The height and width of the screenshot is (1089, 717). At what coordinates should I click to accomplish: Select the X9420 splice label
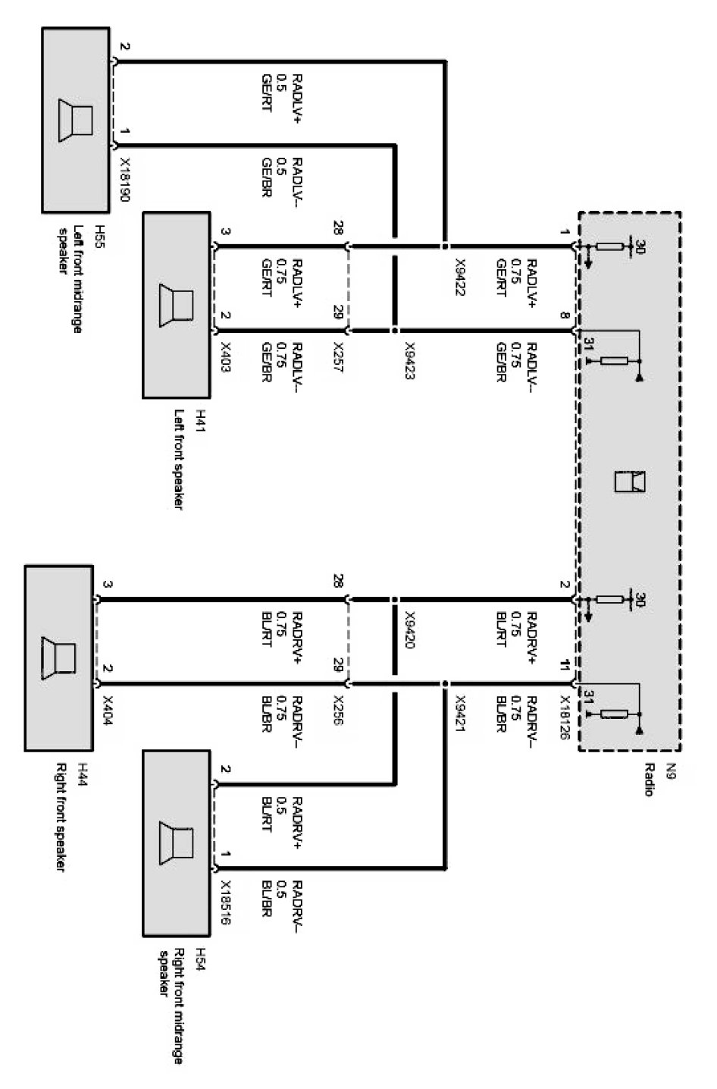[x=409, y=629]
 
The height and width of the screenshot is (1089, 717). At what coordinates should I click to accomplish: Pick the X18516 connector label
[x=225, y=902]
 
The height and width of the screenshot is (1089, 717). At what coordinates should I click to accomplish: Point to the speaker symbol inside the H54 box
[x=176, y=843]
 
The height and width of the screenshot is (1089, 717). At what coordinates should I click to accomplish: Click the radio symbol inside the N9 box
[x=630, y=482]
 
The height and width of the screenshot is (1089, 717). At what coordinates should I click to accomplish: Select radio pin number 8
[x=565, y=316]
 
